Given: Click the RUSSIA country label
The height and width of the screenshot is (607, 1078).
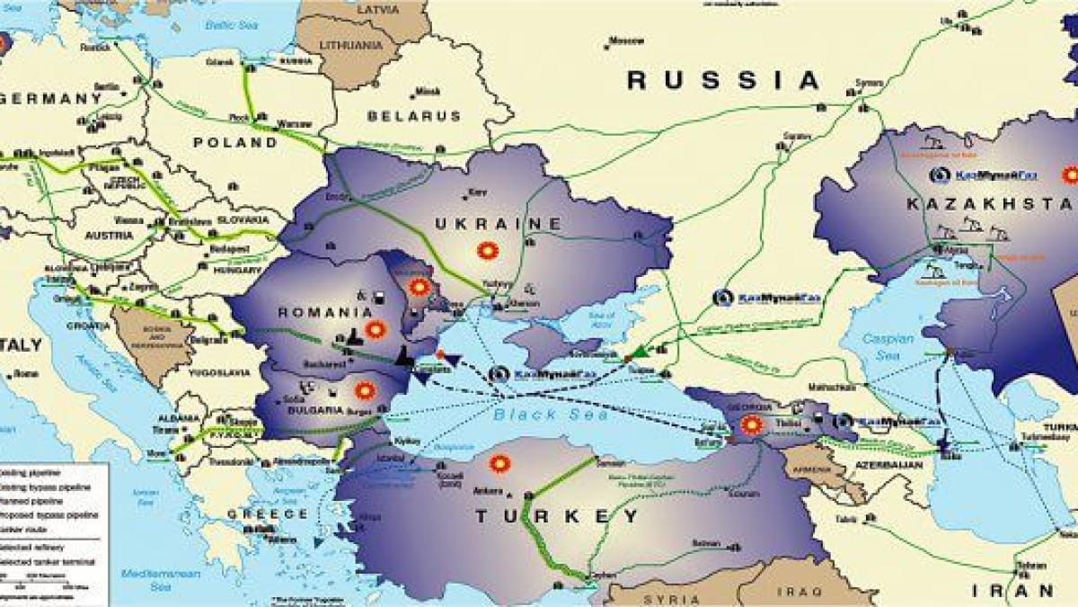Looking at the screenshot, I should pyautogui.click(x=724, y=80).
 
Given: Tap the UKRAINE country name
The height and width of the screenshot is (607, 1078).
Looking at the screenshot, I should pyautogui.click(x=499, y=222).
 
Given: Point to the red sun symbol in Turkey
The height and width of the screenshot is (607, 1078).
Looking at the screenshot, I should pyautogui.click(x=499, y=464).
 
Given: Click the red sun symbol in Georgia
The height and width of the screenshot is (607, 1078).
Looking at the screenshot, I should pyautogui.click(x=751, y=424).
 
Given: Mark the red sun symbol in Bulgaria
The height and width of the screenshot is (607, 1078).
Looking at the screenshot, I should pyautogui.click(x=364, y=390).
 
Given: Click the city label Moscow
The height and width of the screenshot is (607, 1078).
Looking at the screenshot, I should pyautogui.click(x=626, y=40).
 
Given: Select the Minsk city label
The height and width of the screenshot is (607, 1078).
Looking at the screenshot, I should pyautogui.click(x=429, y=91).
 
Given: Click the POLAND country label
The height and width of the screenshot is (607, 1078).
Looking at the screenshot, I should pyautogui.click(x=235, y=142).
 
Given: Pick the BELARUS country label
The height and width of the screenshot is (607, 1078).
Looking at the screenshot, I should pyautogui.click(x=414, y=116).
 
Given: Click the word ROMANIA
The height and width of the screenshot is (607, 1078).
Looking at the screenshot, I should pyautogui.click(x=325, y=312).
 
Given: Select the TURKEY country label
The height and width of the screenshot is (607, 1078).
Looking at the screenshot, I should pyautogui.click(x=558, y=516).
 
